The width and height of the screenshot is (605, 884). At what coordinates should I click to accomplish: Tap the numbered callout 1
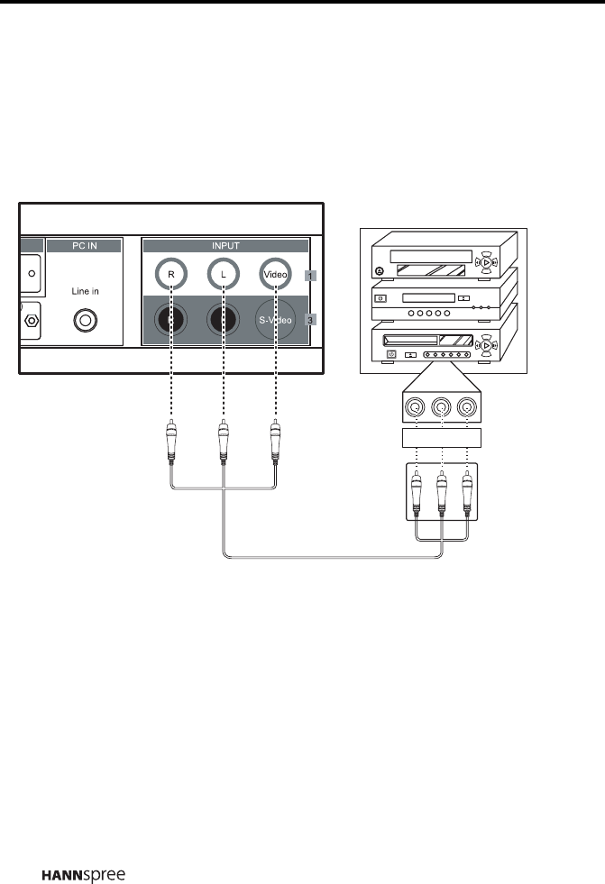pyautogui.click(x=310, y=275)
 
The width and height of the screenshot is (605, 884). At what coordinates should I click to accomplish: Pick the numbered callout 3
pyautogui.click(x=310, y=319)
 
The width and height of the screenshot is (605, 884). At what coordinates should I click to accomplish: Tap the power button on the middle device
pyautogui.click(x=380, y=298)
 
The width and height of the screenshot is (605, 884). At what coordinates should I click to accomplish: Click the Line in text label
pyautogui.click(x=87, y=291)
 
